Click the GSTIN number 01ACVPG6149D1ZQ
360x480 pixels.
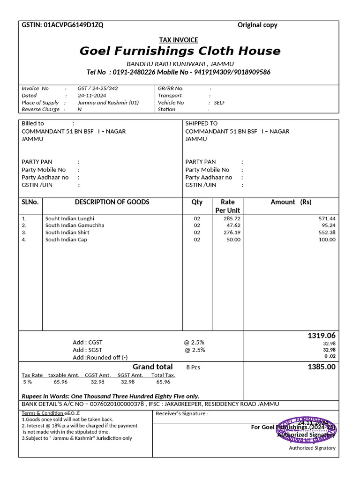point(74,25)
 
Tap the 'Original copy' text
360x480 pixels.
point(257,25)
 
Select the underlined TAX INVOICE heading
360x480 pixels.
point(179,40)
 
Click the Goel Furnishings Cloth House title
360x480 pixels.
point(180,51)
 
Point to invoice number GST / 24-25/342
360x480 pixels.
point(97,88)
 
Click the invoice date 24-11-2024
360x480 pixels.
point(92,95)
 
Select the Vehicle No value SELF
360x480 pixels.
point(219,102)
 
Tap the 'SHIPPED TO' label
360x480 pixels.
point(202,123)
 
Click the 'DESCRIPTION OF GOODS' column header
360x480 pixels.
point(112,202)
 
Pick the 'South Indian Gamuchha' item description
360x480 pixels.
point(75,225)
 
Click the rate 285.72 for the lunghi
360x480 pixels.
point(232,218)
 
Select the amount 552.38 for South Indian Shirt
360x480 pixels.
point(327,232)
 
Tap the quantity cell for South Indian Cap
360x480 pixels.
point(197,240)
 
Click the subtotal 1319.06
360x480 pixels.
point(322,336)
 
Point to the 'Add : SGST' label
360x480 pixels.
point(87,350)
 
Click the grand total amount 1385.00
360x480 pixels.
point(322,367)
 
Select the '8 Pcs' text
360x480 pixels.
point(193,367)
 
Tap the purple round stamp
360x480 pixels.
point(307,429)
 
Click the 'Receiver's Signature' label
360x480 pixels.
point(182,413)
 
